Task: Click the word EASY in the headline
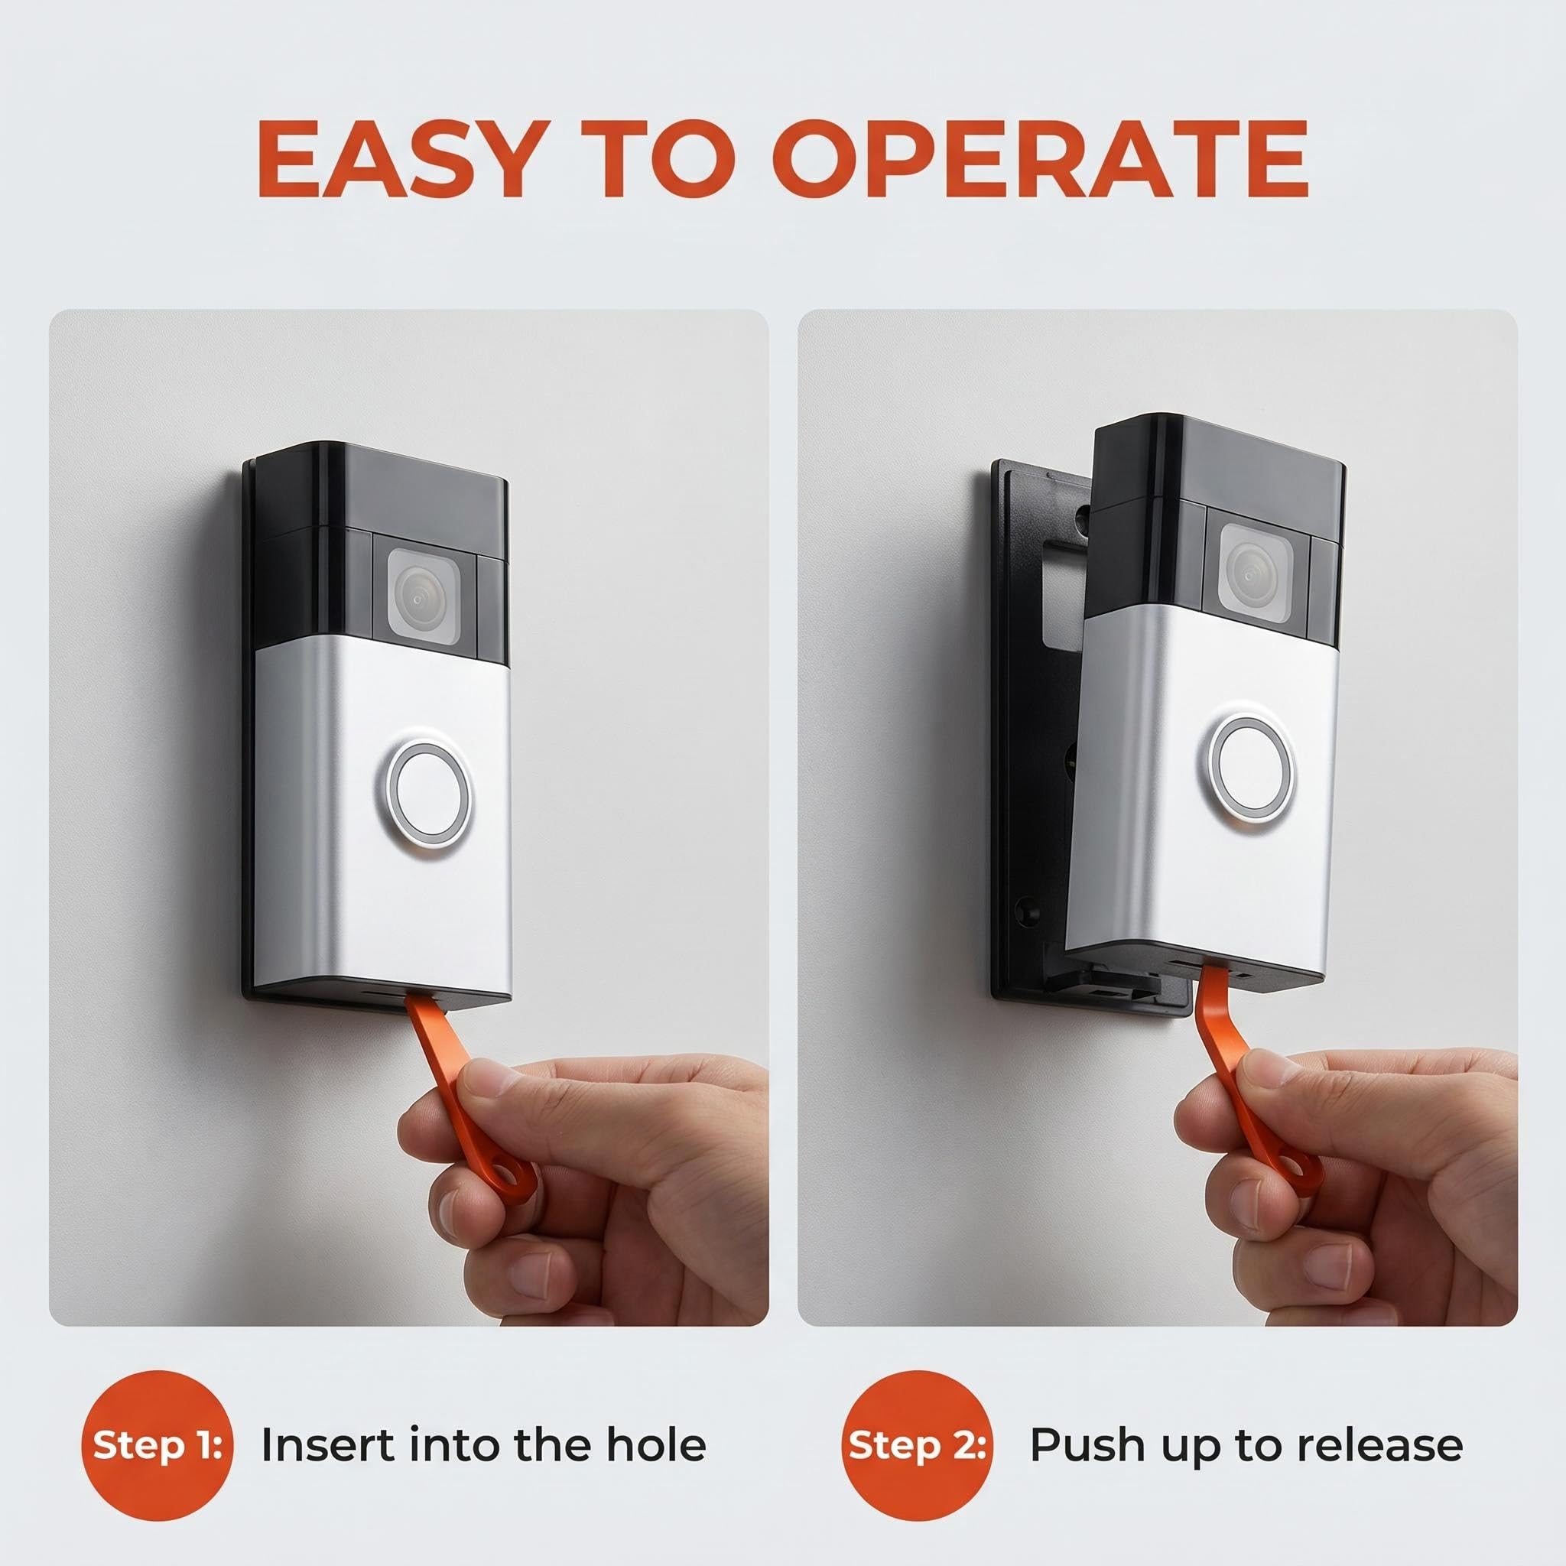coord(399,159)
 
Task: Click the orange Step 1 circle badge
coord(158,1445)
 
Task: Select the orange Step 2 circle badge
coord(917,1445)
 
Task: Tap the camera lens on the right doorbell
coord(1255,571)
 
